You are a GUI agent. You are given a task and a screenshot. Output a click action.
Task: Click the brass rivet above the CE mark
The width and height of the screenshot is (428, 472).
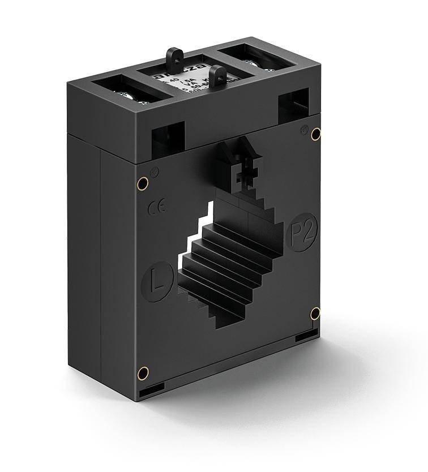(x=143, y=183)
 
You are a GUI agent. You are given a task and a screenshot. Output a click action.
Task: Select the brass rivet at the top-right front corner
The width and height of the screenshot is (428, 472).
(x=316, y=134)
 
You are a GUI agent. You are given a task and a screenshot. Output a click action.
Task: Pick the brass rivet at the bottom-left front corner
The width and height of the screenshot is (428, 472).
(x=144, y=372)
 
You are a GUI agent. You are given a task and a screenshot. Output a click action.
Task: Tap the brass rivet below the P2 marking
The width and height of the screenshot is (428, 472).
(x=315, y=314)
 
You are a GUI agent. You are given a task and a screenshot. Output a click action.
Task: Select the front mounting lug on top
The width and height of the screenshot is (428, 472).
(x=217, y=76)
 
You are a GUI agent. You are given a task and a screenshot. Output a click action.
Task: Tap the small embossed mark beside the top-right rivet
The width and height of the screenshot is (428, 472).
(x=304, y=128)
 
